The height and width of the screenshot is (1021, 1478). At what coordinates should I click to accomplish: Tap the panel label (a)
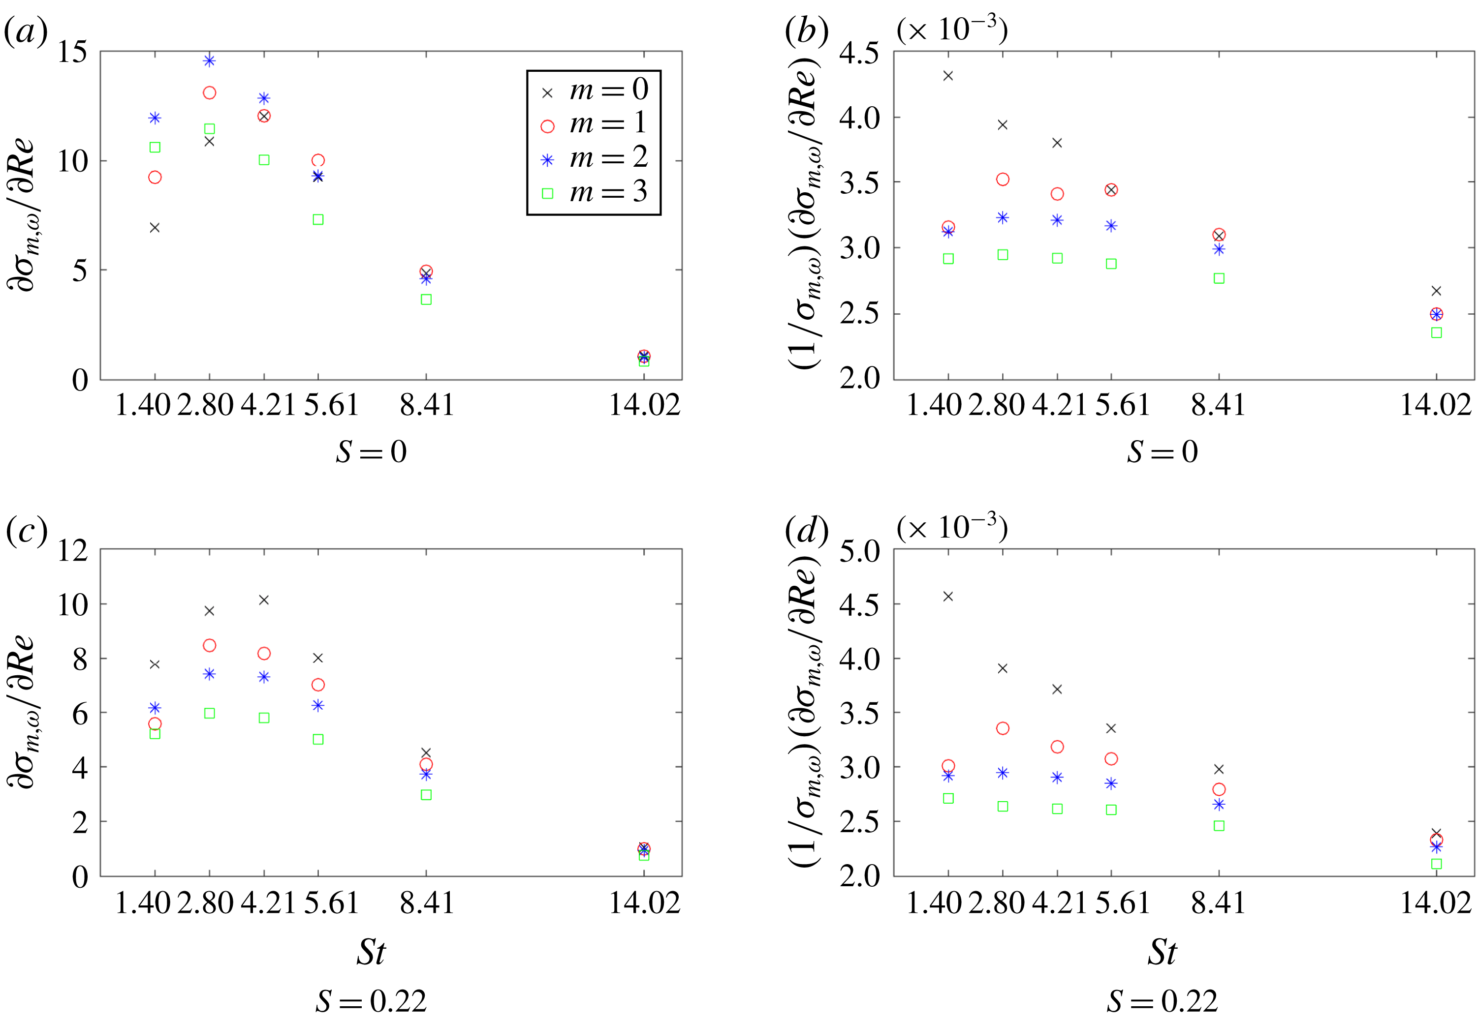coord(26,31)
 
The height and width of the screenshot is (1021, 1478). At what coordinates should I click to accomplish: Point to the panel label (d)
coord(807,530)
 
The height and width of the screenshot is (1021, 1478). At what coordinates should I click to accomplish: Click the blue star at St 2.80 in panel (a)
coord(209,61)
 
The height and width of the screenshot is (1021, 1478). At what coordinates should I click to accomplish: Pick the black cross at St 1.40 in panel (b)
coord(948,75)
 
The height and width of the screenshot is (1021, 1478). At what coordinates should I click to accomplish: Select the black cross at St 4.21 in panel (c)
coord(264,600)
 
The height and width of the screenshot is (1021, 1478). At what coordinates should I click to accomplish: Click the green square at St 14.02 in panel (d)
coord(1436,864)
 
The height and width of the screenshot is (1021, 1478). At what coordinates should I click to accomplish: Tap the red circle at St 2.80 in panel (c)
coord(209,645)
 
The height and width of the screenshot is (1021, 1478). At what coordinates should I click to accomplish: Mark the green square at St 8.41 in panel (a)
coord(426,300)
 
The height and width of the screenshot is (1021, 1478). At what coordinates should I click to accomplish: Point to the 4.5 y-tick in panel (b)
coord(859,54)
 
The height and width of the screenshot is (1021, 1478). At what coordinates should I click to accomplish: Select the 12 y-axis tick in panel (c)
coord(72,550)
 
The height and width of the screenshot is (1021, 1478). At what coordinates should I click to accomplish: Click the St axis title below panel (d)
coord(1162,952)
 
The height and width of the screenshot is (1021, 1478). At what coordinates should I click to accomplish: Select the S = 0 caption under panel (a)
coord(371,452)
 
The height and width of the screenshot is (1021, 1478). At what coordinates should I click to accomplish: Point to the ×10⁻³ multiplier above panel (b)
coord(952,30)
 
